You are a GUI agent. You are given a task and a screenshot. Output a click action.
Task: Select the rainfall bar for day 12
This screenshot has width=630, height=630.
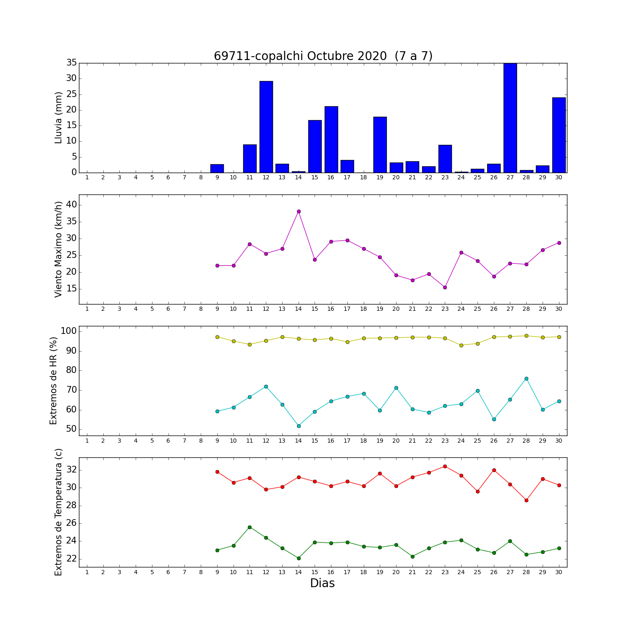[x=266, y=127]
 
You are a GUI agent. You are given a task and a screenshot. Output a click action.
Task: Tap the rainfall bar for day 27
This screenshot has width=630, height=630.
[x=510, y=118]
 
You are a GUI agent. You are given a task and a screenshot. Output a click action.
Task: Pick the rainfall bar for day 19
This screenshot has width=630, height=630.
[x=380, y=144]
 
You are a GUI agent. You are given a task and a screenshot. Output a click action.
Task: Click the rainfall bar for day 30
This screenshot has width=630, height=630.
[x=559, y=135]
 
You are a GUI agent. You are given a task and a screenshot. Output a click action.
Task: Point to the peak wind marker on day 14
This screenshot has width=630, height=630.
[x=299, y=211]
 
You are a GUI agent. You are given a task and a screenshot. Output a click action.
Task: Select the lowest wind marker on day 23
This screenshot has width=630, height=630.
[x=445, y=287]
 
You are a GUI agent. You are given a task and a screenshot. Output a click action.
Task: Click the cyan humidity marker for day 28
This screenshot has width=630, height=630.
[x=526, y=378]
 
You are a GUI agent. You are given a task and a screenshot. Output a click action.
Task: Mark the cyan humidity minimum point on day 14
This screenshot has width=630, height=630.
[x=299, y=426]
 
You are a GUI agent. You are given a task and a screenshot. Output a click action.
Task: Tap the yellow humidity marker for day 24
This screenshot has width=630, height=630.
[x=461, y=345]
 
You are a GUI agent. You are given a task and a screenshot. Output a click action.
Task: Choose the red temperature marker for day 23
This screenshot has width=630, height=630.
[x=445, y=466]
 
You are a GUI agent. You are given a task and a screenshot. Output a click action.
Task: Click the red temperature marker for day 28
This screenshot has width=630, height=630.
[x=526, y=500]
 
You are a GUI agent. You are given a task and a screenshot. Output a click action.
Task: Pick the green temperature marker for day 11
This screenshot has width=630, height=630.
[x=249, y=527]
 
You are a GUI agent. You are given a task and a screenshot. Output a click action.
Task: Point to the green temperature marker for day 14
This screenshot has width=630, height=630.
[x=299, y=558]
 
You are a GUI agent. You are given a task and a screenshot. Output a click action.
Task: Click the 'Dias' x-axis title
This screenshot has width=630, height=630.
[x=323, y=583]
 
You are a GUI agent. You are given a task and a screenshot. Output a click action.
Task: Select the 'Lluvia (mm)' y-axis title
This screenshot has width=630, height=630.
[x=58, y=118]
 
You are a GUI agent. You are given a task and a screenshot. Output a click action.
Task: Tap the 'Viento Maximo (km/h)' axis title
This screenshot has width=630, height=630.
[x=58, y=249]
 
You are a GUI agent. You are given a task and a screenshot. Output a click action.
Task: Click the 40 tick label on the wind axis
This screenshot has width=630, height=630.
[x=71, y=205]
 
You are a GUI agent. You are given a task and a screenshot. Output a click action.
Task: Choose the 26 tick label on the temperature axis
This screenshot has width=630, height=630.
[x=71, y=523]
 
